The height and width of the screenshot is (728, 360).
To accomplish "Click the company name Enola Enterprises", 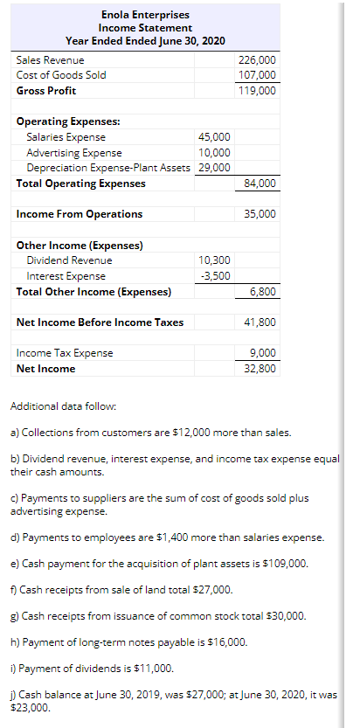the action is [x=143, y=14].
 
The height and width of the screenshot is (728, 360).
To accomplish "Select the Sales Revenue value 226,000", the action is [x=257, y=59].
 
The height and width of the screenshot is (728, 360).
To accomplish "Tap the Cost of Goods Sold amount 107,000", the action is [x=257, y=75].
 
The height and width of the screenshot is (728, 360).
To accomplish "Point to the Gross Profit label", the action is [x=46, y=91].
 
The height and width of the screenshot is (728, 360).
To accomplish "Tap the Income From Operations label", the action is [x=80, y=214].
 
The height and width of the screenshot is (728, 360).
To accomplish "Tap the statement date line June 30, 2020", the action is [x=143, y=41].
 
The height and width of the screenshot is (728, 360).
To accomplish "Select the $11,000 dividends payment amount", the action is [x=155, y=669].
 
